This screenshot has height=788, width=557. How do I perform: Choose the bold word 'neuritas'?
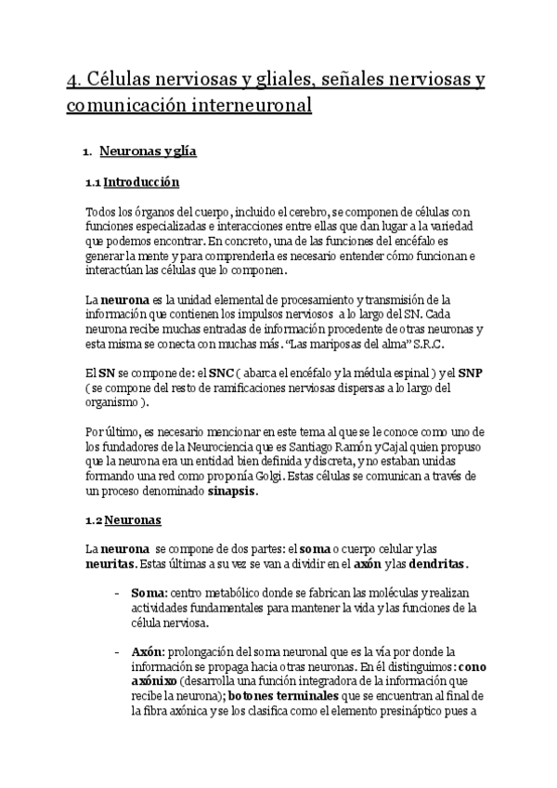(109, 564)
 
